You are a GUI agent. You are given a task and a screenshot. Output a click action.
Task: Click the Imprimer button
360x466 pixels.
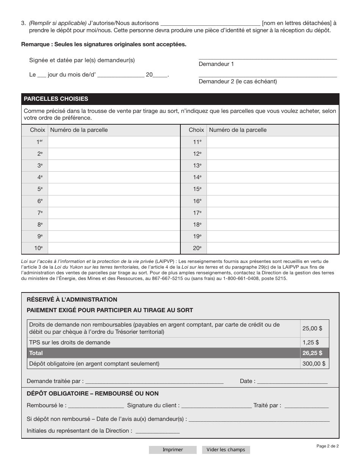pyautogui.click(x=172, y=450)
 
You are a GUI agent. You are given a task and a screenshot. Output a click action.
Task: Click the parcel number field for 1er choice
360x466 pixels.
pyautogui.click(x=114, y=142)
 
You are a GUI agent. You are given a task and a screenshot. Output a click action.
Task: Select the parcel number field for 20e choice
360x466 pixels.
pyautogui.click(x=272, y=249)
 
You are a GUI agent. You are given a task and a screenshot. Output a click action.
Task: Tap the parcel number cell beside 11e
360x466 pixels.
pyautogui.click(x=272, y=142)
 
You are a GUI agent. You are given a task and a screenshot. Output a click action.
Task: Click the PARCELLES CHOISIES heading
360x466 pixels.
pyautogui.click(x=56, y=99)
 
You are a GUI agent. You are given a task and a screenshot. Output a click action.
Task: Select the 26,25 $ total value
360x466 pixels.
pyautogui.click(x=312, y=353)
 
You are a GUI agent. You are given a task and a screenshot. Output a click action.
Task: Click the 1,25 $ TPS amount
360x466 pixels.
pyautogui.click(x=310, y=342)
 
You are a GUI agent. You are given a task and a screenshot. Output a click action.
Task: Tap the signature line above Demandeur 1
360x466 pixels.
pyautogui.click(x=268, y=58)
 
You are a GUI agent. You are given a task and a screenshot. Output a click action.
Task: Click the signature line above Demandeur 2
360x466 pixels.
pyautogui.click(x=268, y=75)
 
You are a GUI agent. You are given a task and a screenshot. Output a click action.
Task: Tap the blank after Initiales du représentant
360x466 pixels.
pyautogui.click(x=157, y=432)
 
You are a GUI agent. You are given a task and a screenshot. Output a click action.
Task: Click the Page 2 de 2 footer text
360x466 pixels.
pyautogui.click(x=327, y=446)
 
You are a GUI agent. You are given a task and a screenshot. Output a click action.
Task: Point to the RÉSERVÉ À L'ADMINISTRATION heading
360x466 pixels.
pyautogui.click(x=72, y=299)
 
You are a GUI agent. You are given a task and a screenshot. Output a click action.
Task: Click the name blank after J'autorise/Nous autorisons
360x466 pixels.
pyautogui.click(x=210, y=23)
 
